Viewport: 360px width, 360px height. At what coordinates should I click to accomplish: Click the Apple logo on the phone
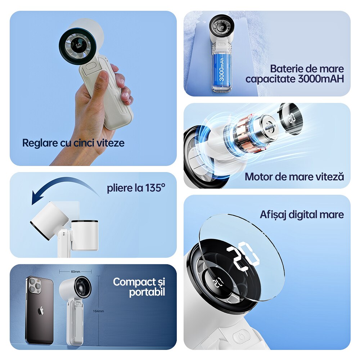[x=41, y=311]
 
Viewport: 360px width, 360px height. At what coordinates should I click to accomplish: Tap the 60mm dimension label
[x=76, y=271]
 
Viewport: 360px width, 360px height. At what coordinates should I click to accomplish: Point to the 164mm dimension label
[x=99, y=311]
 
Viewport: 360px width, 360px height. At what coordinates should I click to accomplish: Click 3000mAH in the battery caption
[x=321, y=79]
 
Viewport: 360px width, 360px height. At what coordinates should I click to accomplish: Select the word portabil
[x=147, y=292]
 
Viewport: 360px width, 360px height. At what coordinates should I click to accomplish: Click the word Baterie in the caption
[x=285, y=69]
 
